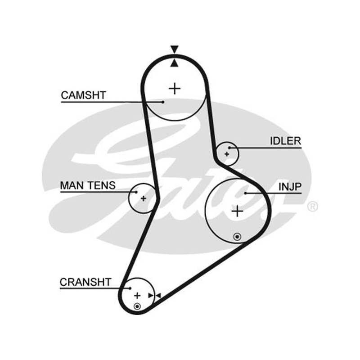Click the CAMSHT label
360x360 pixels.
tap(83, 95)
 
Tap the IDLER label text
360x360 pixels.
tap(285, 141)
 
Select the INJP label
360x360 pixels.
tap(290, 187)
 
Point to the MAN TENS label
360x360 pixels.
tap(88, 185)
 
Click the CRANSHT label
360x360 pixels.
tap(85, 282)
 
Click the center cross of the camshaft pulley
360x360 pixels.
tap(175, 88)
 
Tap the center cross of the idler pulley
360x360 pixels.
tap(227, 154)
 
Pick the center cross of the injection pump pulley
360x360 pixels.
tap(238, 211)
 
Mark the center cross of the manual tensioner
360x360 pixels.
tap(143, 198)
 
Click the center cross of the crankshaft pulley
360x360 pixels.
tap(137, 296)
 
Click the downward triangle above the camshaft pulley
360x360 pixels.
tap(175, 49)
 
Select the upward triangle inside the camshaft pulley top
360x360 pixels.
tap(175, 63)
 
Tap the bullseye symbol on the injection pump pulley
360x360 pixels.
tap(237, 237)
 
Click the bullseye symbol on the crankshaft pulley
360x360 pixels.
tap(137, 306)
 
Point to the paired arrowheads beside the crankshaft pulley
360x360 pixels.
tap(154, 296)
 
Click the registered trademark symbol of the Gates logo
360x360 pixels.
tap(312, 206)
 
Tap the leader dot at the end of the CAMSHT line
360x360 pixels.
tap(163, 102)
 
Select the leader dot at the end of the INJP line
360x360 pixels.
tap(245, 193)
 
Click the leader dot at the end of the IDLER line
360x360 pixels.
tap(229, 148)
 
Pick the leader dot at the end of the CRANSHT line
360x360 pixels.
tap(130, 288)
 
